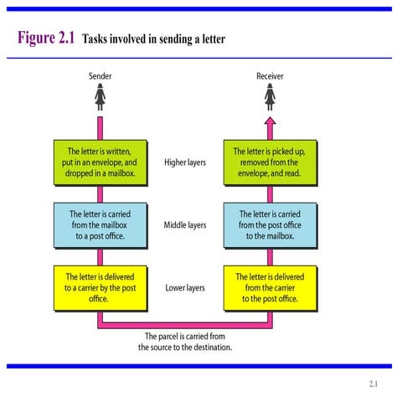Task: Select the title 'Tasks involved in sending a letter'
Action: [153, 39]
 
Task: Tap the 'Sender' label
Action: [100, 76]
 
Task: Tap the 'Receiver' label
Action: [269, 76]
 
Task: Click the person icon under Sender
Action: [100, 99]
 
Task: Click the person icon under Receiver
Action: [270, 99]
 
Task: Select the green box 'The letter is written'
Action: [99, 162]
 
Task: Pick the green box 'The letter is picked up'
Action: [269, 162]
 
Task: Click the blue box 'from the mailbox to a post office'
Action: [99, 224]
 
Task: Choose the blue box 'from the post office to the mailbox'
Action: [269, 224]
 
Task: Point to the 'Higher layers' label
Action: [184, 162]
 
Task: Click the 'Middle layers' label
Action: [184, 225]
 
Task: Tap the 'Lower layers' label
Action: [184, 288]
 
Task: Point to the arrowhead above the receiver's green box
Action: [270, 122]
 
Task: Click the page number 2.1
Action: [374, 384]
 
